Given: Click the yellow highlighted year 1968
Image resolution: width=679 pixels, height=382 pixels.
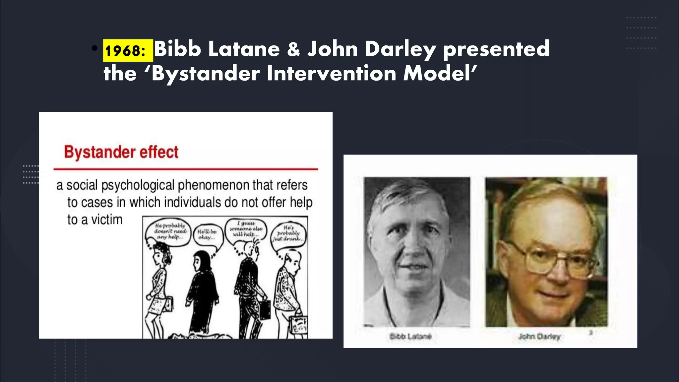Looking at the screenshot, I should point(128,50).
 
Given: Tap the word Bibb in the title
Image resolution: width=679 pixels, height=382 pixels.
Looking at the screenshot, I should point(177,49).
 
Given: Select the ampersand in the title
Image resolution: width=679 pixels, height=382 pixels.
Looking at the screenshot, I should point(293,49).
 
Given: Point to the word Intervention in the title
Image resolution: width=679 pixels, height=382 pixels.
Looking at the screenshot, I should point(331,73).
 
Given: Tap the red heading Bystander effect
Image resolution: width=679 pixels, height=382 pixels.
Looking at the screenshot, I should point(121,152).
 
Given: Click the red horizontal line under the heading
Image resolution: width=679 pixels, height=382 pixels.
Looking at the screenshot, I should point(186,169).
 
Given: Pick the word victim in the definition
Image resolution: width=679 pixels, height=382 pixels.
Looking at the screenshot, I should point(106,220).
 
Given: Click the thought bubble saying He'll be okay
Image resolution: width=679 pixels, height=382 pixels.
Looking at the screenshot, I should point(208,234).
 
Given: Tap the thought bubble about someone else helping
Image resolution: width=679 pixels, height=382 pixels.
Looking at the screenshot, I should point(246,229).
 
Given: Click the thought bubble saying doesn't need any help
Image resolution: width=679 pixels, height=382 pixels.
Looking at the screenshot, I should point(170,231).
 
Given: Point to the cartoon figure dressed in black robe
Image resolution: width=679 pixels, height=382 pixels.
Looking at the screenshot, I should point(203,292).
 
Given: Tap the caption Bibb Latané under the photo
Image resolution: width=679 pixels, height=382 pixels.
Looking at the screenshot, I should point(410,337).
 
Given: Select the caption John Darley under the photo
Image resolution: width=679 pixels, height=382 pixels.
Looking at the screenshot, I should point(539,337).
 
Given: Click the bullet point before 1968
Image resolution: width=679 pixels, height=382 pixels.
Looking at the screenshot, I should point(95,48).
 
